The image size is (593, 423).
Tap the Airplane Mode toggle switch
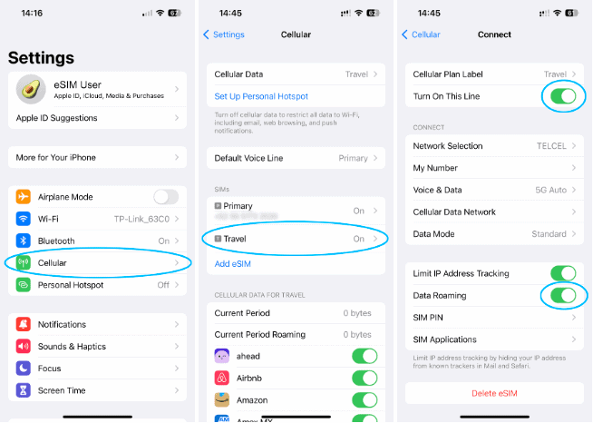[165, 197]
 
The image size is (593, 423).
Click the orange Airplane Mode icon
[24, 197]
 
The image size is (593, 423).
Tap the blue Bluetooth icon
[24, 241]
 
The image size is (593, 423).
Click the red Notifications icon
[24, 324]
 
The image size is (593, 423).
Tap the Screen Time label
[62, 390]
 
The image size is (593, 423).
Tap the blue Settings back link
[224, 34]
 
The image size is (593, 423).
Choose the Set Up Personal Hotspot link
[261, 96]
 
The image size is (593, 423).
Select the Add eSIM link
[233, 263]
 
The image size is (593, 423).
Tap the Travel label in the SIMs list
[235, 239]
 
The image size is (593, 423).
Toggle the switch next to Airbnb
[364, 378]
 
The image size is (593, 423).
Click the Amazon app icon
[222, 399]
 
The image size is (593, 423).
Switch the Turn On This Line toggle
[562, 95]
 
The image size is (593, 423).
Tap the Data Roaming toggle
[562, 295]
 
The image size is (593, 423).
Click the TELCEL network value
[550, 146]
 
